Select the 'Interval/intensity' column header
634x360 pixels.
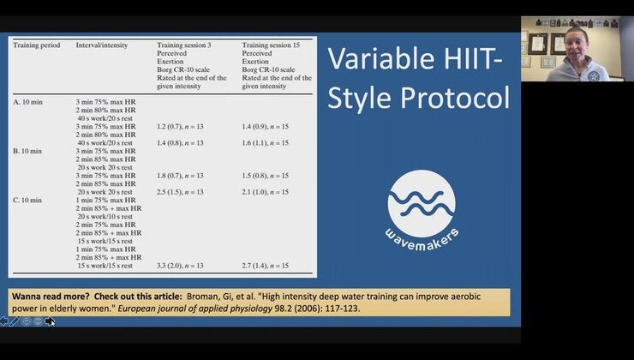point(100,45)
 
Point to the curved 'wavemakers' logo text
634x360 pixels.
point(421,233)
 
